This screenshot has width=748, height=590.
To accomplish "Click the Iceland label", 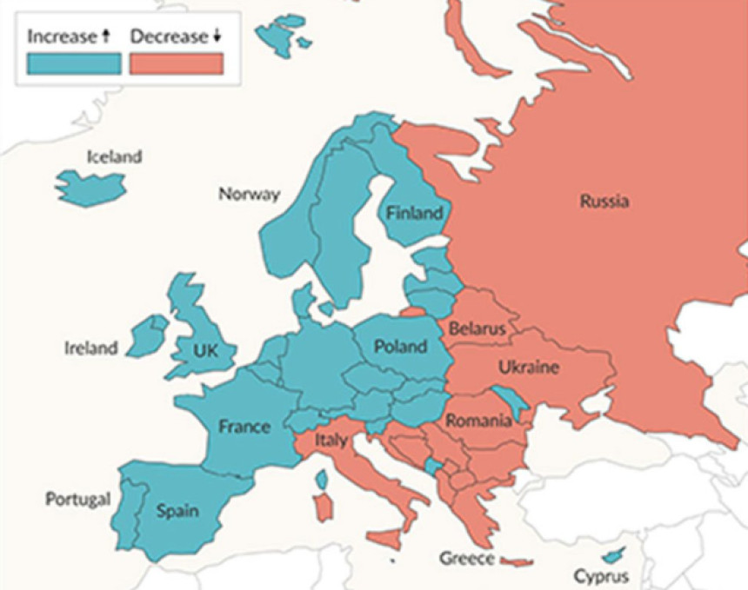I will (113, 157).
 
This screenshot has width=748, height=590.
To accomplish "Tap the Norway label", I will (249, 194).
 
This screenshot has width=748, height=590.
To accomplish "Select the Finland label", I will (414, 213).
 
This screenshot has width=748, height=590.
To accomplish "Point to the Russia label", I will (604, 202).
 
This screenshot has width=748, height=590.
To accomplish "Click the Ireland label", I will (90, 348).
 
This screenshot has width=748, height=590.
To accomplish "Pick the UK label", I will (206, 351).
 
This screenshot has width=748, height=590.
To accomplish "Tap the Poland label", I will (400, 347).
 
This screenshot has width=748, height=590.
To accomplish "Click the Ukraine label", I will (528, 368).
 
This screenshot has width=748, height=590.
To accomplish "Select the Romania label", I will (478, 421).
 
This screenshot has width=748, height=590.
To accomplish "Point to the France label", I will (244, 427).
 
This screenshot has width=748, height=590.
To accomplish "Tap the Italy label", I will (331, 441).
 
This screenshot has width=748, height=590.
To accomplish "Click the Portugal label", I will (77, 500).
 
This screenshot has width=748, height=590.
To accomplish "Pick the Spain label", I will (177, 510).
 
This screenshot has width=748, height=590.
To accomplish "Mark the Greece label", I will (467, 558).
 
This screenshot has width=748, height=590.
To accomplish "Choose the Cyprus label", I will (600, 576).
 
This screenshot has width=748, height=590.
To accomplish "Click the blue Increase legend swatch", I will (73, 63).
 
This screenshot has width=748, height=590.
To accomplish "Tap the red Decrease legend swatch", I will (177, 63).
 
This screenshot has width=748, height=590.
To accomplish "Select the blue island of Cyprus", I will (614, 554).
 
